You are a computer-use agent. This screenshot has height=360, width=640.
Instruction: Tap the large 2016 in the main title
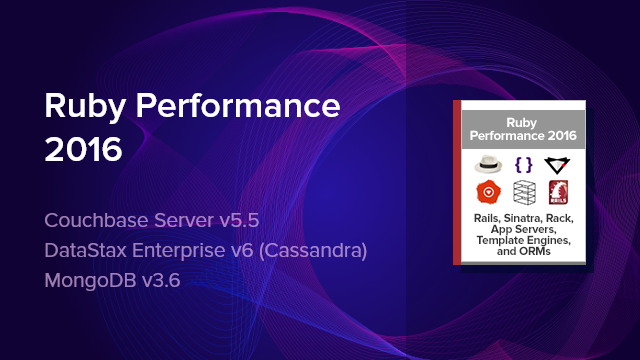pos(84,150)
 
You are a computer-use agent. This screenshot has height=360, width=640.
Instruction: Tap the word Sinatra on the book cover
pos(523,218)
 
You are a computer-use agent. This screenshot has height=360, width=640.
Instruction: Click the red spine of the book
pos(457,181)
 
